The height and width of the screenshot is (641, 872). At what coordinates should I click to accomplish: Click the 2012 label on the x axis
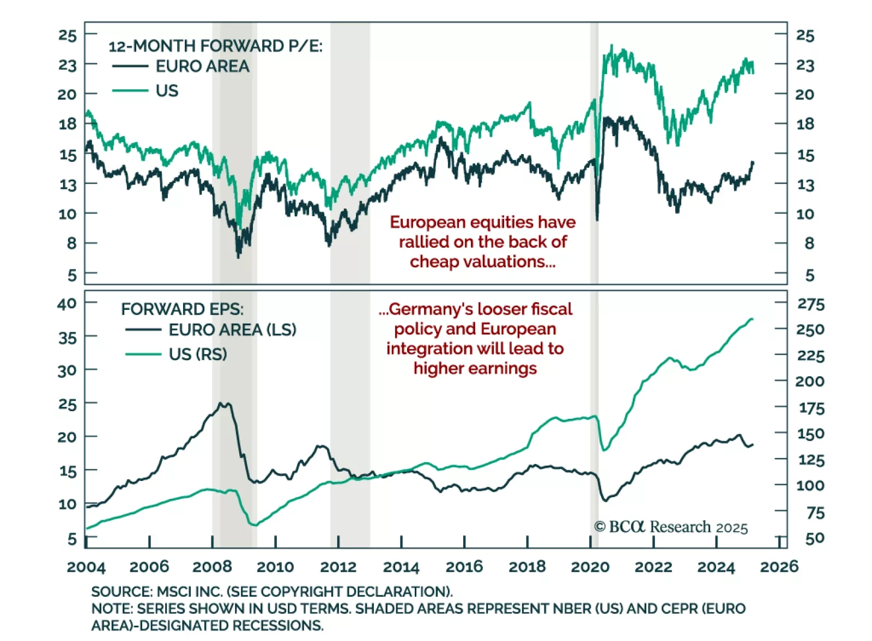coord(338,567)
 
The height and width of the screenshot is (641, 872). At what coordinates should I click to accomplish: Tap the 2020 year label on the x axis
coord(590,567)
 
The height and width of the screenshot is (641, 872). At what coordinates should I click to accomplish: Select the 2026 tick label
coord(779,567)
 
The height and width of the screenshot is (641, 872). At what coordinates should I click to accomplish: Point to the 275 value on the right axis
coord(810,304)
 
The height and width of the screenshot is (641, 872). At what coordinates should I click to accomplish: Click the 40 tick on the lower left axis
coord(67,303)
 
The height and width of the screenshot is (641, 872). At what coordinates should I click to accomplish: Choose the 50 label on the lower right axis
coord(814,539)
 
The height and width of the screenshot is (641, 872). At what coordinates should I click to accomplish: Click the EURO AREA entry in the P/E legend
coord(202,66)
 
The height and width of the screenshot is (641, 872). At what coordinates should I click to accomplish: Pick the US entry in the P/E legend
coord(167,90)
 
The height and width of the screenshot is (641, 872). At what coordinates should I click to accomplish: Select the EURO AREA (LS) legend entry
coord(232,329)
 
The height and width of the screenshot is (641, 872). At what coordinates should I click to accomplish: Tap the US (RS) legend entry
coord(197,354)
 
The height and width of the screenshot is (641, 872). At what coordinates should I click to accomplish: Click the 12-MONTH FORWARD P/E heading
coord(215,46)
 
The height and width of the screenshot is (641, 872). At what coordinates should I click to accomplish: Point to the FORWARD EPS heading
coord(182,309)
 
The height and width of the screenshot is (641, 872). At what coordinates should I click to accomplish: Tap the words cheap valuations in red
coord(482,262)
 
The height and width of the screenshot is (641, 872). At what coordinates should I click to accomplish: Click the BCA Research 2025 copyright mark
coord(671,527)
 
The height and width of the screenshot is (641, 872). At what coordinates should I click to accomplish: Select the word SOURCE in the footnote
coord(121,592)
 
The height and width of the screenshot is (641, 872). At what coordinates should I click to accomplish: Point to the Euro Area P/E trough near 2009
coord(238,256)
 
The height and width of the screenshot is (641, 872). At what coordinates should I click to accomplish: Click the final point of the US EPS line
coord(752,319)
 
